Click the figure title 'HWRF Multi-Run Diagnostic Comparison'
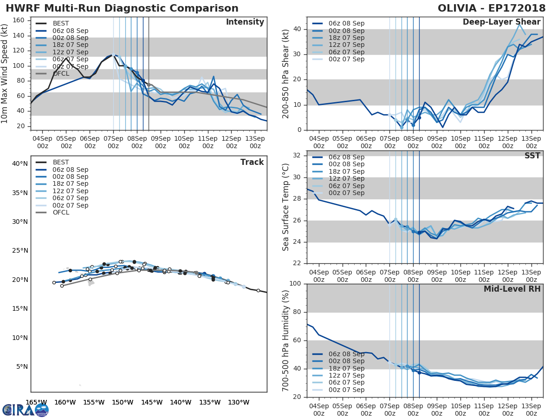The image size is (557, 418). pyautogui.click(x=122, y=8)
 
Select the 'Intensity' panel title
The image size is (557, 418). pyautogui.click(x=245, y=22)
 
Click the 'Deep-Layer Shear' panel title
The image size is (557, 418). pyautogui.click(x=501, y=22)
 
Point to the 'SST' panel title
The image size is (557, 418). pyautogui.click(x=532, y=156)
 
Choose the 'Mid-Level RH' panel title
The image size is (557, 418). pyautogui.click(x=512, y=289)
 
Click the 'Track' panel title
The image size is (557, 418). pyautogui.click(x=252, y=162)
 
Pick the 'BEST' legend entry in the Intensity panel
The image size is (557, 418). pyautogui.click(x=61, y=23)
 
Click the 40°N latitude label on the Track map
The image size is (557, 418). pyautogui.click(x=20, y=163)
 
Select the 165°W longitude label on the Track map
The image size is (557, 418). pyautogui.click(x=36, y=402)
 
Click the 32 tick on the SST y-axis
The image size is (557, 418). pyautogui.click(x=299, y=156)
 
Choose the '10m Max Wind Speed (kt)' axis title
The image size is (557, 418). pyautogui.click(x=5, y=73)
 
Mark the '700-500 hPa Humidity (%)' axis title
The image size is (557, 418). pyautogui.click(x=285, y=340)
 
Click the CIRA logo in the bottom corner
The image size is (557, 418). pyautogui.click(x=25, y=410)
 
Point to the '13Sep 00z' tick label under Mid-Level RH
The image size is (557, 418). pyautogui.click(x=531, y=410)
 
